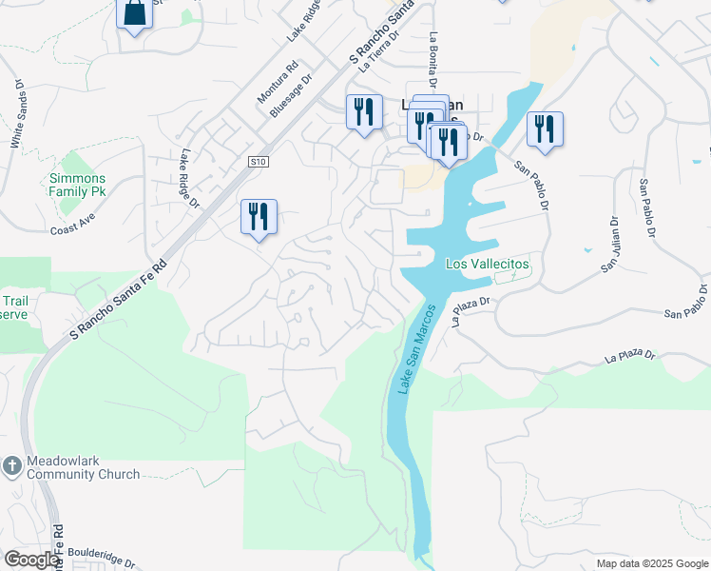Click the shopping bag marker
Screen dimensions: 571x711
pos(134,14)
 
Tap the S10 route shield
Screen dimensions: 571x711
pos(257,162)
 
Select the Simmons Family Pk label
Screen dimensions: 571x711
pos(77,185)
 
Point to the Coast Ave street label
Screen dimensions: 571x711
pos(73,229)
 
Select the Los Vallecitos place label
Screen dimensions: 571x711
pos(487,264)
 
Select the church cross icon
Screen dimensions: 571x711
pos(11,466)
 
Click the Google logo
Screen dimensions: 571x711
pos(31,560)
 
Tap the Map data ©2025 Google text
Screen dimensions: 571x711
pos(651,563)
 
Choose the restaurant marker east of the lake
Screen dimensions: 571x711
pos(545,128)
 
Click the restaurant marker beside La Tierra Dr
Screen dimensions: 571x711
pos(364,112)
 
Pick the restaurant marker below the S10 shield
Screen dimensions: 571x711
pos(259,217)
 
